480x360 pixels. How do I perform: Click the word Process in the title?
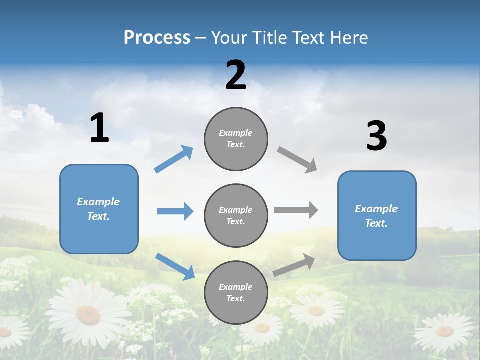tap(157, 38)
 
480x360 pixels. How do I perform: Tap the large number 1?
tap(99, 128)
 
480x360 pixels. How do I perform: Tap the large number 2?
tap(236, 76)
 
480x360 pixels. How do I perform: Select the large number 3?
tap(376, 136)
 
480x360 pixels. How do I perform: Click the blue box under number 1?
tap(99, 209)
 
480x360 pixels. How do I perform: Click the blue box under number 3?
tap(377, 215)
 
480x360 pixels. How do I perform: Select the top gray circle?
tap(236, 139)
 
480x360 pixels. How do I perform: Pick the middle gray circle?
tap(236, 215)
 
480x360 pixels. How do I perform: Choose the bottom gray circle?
tap(236, 292)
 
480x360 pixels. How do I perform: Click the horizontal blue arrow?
tap(175, 211)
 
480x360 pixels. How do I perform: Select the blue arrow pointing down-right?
tap(175, 266)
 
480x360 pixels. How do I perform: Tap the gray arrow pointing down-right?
tap(297, 160)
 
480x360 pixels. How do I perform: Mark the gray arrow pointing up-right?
tap(294, 265)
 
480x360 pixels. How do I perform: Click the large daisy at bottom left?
tap(88, 312)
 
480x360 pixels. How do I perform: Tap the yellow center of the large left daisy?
tap(88, 314)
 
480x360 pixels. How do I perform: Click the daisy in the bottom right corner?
tap(444, 331)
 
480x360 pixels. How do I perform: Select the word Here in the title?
tap(348, 38)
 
